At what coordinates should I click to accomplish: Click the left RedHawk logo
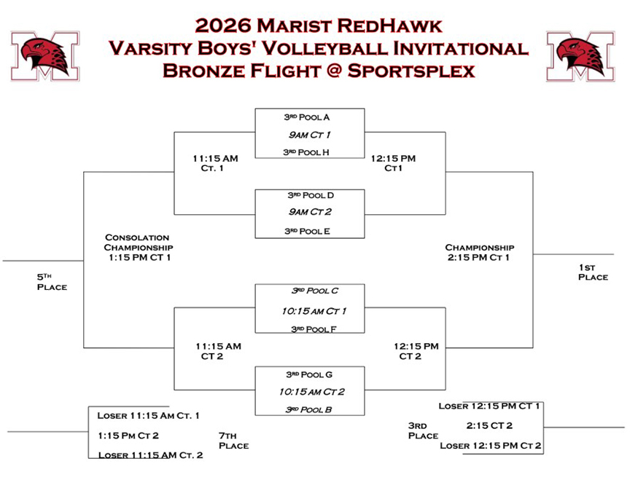coord(45,56)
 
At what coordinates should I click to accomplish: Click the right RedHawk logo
coord(580,56)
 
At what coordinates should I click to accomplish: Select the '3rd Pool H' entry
coord(306,152)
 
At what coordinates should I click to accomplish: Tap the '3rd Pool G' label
coord(309,374)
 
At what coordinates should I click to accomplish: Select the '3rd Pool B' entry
coord(308,409)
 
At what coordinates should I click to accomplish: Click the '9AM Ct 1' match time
coord(309,135)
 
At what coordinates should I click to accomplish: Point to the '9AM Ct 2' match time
coord(311,213)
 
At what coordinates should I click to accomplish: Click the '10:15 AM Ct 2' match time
coord(311,392)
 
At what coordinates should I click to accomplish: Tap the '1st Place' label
coord(593,272)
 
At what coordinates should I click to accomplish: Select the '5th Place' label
coord(52,282)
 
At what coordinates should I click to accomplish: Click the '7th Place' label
coord(233,441)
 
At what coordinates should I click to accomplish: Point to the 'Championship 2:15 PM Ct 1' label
coord(480,252)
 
